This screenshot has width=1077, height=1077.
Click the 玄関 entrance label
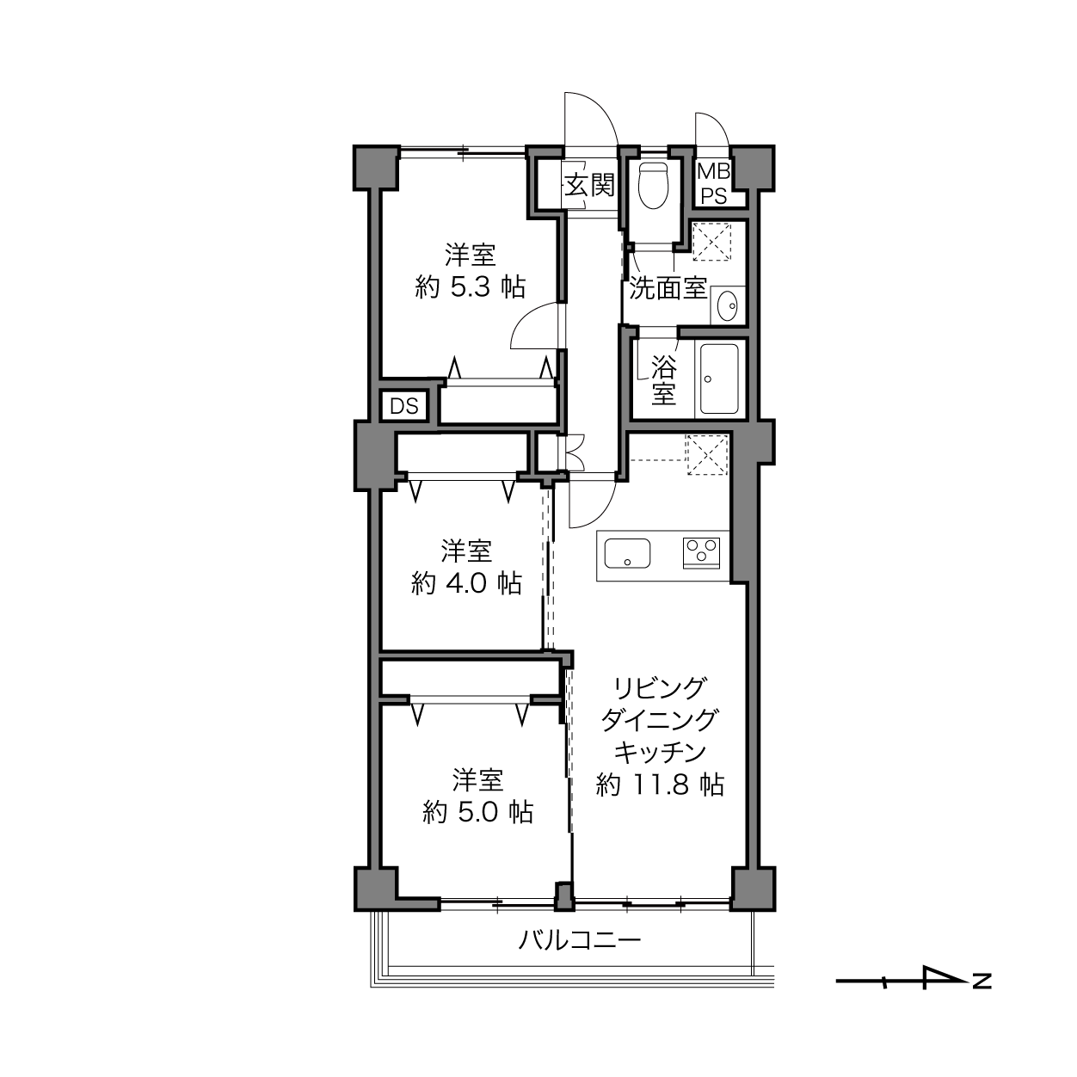click(589, 185)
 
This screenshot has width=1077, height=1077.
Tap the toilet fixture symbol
click(653, 186)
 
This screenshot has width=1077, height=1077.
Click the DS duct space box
click(404, 406)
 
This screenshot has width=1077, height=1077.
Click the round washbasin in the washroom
click(727, 306)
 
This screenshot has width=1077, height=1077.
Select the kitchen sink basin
click(627, 553)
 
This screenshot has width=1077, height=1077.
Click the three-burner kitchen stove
click(701, 552)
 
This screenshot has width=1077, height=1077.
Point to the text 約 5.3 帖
click(470, 287)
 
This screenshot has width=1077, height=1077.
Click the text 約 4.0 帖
click(466, 583)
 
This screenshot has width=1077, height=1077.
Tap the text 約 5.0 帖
click(478, 813)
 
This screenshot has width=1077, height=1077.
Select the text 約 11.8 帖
click(660, 785)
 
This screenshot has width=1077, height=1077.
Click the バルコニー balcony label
click(580, 940)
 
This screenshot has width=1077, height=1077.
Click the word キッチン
click(660, 753)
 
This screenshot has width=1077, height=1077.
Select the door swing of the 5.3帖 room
click(535, 325)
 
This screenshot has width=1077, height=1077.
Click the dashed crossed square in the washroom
click(711, 242)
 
